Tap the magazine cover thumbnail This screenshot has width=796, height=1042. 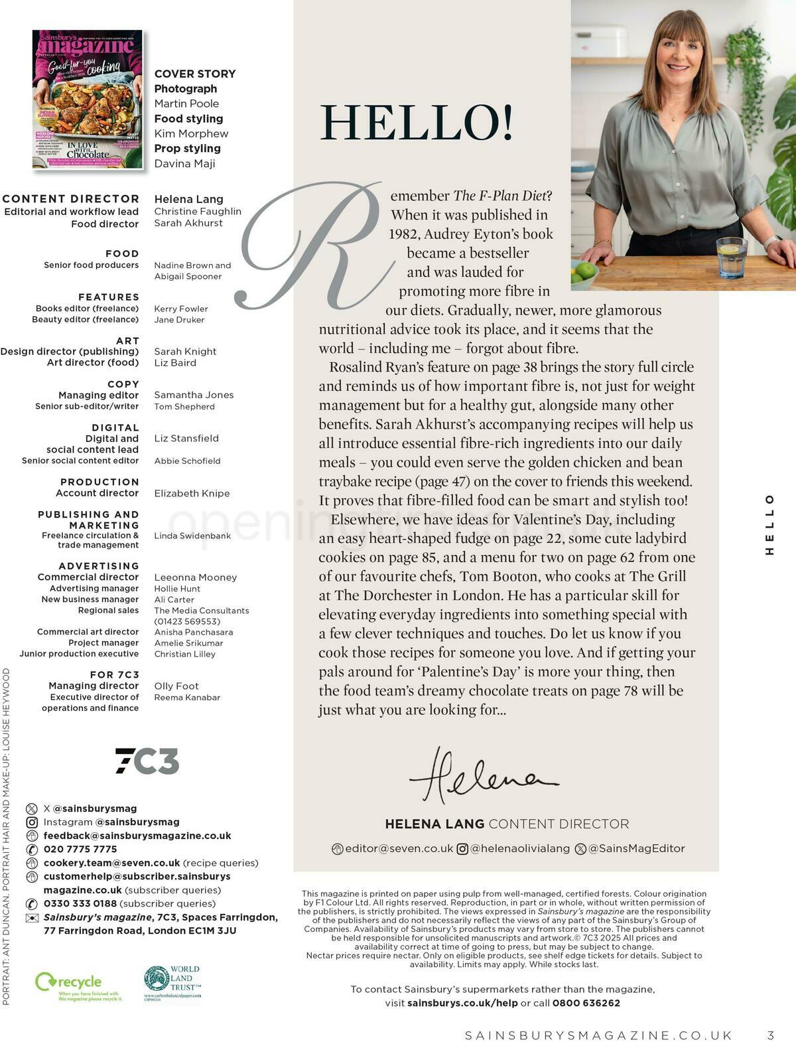pos(88,99)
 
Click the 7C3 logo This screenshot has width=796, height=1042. pos(147,761)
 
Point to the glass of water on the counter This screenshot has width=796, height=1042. pos(731,258)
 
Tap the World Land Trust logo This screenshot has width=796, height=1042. pos(173,982)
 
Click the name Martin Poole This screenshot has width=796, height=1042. pos(186,104)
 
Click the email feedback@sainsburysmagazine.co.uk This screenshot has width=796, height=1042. pos(137,836)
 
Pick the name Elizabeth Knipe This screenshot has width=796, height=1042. pos(192,493)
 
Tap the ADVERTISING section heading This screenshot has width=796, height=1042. pos(99,566)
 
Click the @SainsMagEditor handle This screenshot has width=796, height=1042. pos(636,848)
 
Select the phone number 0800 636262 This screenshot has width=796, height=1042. pos(586,1003)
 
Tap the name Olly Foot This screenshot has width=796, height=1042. pos(176,686)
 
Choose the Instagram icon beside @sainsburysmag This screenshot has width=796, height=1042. pos(32,822)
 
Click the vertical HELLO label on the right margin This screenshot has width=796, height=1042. pos(769,524)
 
